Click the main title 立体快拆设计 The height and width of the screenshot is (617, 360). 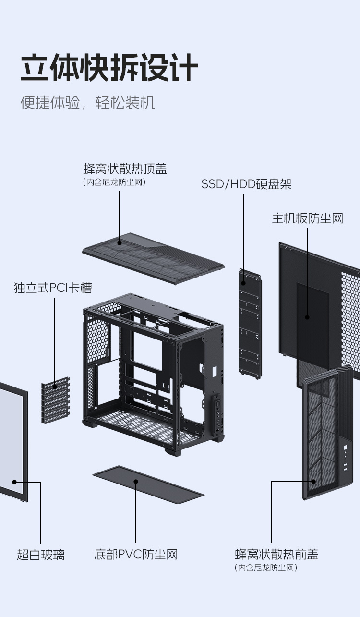[109, 68]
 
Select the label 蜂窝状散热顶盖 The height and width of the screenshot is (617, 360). [125, 169]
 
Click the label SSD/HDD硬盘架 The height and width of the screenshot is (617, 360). [246, 184]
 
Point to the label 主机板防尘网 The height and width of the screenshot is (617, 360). [308, 218]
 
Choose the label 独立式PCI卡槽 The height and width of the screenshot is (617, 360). [53, 288]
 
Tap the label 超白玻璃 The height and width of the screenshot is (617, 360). [41, 555]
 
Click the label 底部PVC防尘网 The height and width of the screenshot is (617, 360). [136, 555]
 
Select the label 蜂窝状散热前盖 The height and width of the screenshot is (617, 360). [276, 555]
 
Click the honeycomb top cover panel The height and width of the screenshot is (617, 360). [154, 259]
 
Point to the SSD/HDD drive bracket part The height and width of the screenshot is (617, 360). [250, 322]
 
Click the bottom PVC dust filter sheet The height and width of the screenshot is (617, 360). [148, 485]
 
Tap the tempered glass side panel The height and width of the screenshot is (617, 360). [12, 442]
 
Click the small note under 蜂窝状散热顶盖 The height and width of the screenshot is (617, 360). [114, 182]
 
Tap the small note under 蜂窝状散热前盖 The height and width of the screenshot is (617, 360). [266, 568]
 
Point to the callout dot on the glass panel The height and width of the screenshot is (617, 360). [14, 482]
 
